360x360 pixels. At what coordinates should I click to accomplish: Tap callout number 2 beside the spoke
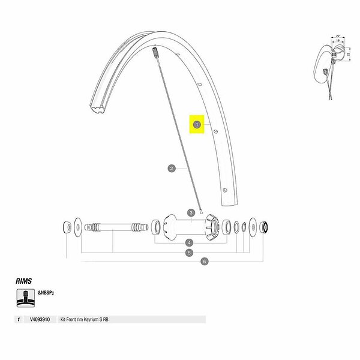(171, 169)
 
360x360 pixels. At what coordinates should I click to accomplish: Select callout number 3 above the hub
(190, 212)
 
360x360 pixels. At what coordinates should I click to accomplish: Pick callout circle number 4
(189, 242)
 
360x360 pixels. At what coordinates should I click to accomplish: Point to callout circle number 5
(189, 253)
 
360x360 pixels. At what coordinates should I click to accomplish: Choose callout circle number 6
(205, 261)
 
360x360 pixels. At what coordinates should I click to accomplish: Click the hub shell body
(190, 227)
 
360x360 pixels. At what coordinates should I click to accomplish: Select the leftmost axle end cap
(67, 227)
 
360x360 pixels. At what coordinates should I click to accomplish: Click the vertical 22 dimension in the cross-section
(348, 55)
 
